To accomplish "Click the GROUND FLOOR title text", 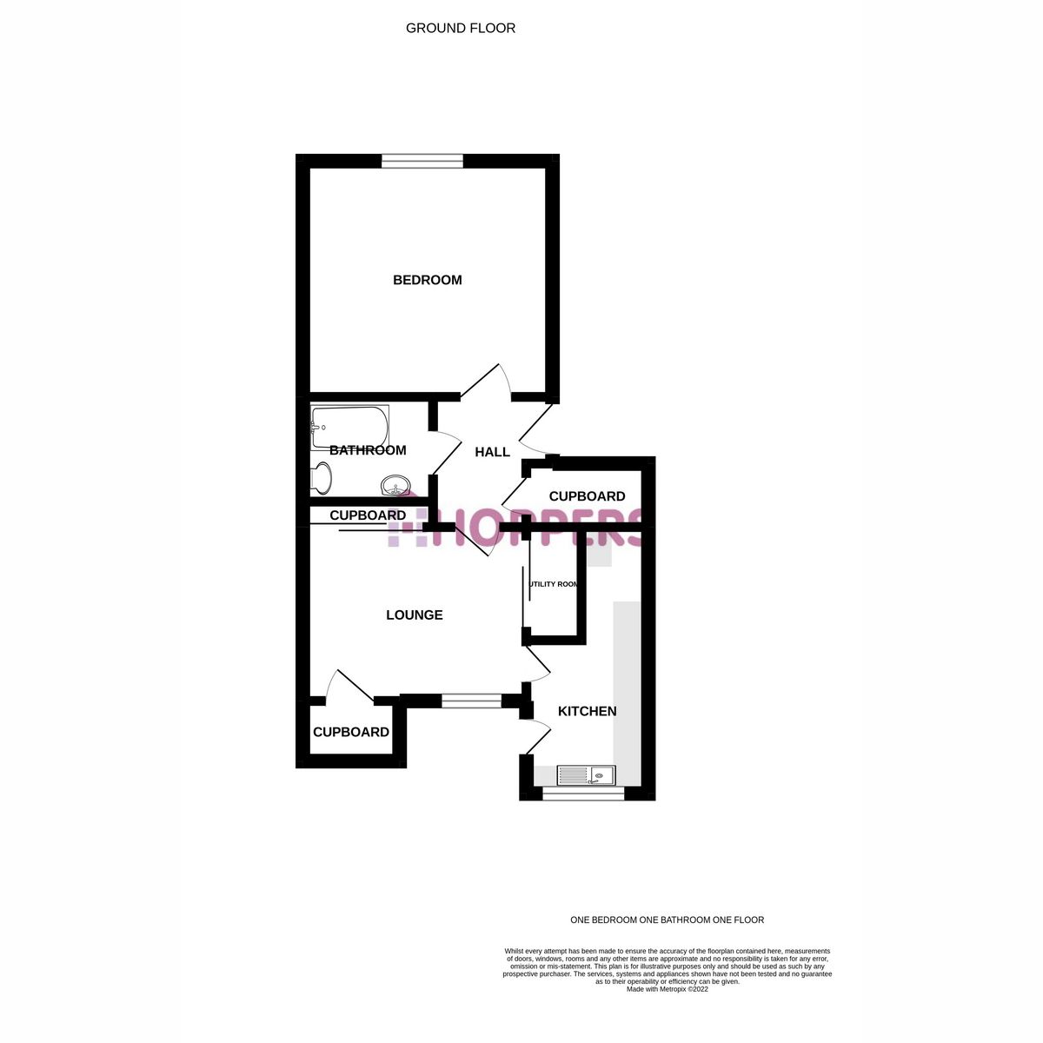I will coord(461,28).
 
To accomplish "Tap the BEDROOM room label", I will coord(427,280).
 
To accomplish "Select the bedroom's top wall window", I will coord(422,159).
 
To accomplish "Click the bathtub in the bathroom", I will coord(349,427).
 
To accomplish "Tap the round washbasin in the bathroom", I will coord(395,485).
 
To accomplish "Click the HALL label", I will coord(492,452).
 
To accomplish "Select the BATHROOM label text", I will coord(368,450).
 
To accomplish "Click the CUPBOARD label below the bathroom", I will coord(368,515).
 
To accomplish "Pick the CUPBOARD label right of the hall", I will coord(587,496).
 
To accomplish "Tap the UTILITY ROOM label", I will coord(554,584).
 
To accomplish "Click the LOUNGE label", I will coord(415,615).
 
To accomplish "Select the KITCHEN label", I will coord(587,711).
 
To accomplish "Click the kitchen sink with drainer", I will coord(585,774).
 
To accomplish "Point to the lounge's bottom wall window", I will coord(471,700).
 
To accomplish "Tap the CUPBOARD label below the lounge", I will coord(351,732).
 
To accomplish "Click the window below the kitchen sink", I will coord(583,792).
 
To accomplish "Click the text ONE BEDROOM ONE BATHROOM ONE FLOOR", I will coord(667,920).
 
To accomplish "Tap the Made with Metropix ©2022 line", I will coord(667,989).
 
